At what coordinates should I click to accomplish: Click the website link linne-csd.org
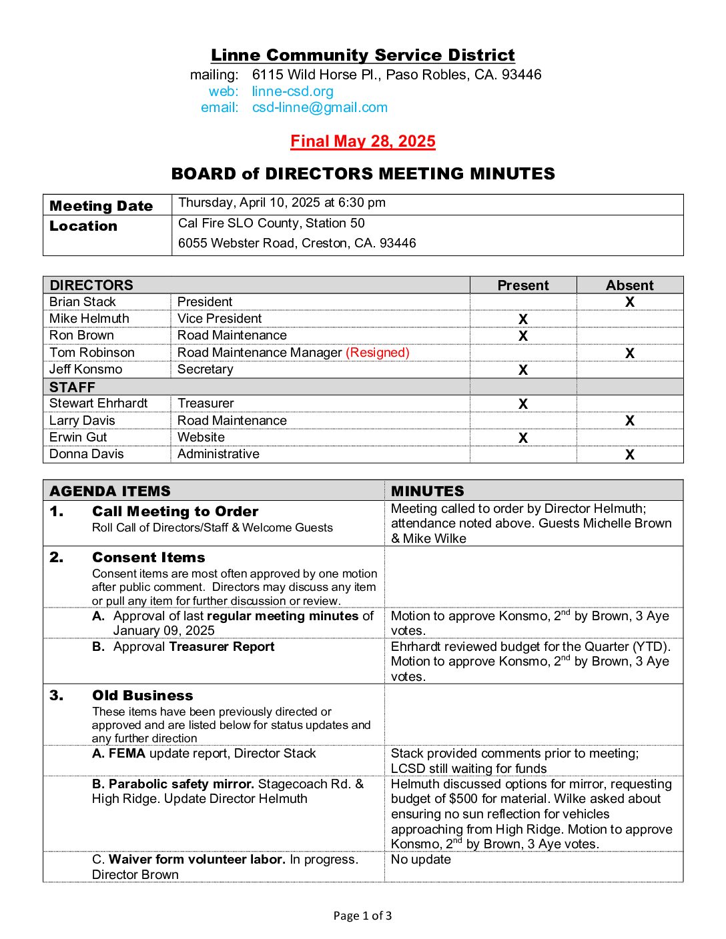coord(292,91)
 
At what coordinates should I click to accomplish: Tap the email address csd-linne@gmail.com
coord(320,107)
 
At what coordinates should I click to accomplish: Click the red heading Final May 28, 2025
coord(362,141)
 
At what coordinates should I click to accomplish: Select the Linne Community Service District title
coord(362,55)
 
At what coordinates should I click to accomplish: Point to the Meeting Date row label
coord(101,206)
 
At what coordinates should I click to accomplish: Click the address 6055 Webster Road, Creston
coord(296,243)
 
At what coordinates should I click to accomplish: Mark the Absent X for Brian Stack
coord(629,302)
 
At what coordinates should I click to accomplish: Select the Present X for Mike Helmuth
coord(522,319)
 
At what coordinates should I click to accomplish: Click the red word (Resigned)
coord(378,353)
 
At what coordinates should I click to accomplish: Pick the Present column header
coord(522,285)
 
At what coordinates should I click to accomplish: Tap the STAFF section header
coord(72,387)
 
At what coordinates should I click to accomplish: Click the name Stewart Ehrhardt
coord(98,403)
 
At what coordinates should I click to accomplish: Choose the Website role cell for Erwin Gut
coord(201,437)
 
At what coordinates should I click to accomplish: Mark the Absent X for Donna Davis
coord(629,455)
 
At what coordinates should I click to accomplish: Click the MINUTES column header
coord(428,492)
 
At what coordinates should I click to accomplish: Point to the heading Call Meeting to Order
coord(175,512)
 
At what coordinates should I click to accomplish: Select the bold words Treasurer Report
coord(222,647)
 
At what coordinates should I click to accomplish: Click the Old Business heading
coord(142,696)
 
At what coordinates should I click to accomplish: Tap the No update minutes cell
coord(421,860)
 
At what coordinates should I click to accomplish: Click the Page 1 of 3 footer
coord(362,916)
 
